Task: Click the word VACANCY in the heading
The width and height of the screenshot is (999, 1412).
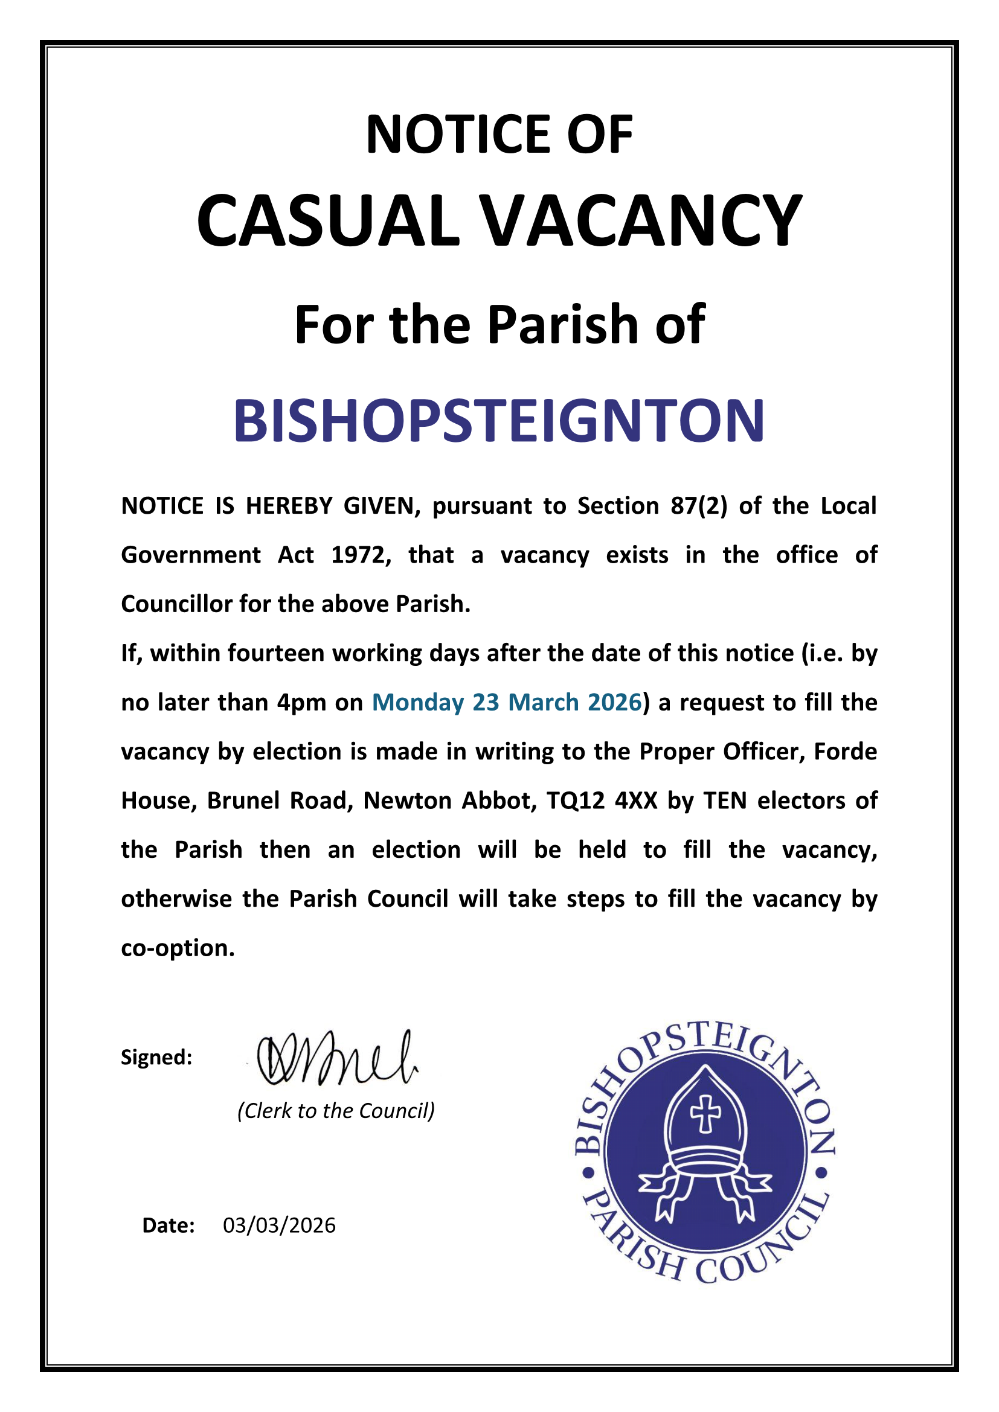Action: point(640,221)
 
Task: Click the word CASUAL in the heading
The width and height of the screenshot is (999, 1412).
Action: point(328,221)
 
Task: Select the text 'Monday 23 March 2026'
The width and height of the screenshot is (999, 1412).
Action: point(507,702)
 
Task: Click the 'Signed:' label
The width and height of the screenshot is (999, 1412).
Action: point(156,1058)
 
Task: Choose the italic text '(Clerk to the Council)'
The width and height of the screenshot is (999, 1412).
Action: point(336,1111)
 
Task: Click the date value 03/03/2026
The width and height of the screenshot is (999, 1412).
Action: point(279,1225)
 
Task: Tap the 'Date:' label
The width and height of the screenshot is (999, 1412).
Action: point(169,1225)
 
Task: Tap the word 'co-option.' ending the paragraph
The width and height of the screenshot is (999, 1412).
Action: point(178,948)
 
